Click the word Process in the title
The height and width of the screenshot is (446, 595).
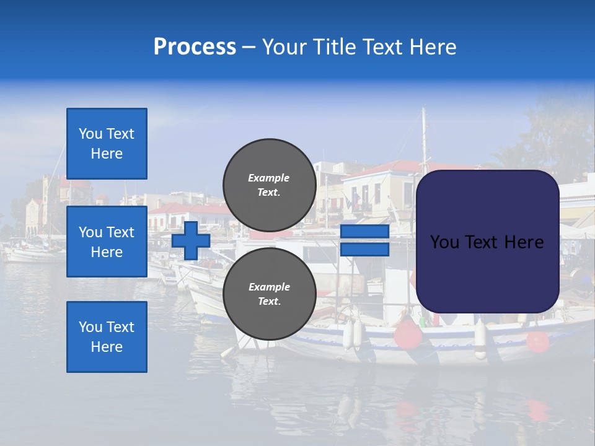[195, 47]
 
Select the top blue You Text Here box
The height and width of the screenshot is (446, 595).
[107, 144]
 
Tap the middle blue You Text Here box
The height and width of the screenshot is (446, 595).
[107, 242]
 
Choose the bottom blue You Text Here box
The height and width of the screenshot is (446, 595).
[107, 336]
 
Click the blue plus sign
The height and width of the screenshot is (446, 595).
[191, 240]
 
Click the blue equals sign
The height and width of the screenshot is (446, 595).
[364, 240]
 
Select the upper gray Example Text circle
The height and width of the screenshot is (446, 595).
[269, 185]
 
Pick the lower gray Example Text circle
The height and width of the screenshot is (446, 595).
[269, 294]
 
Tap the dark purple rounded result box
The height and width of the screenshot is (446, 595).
[487, 241]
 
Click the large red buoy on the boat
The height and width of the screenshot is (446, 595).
[408, 334]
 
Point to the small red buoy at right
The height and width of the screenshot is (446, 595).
[537, 341]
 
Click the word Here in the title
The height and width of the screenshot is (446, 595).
[433, 47]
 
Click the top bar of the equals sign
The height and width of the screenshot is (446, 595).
[364, 232]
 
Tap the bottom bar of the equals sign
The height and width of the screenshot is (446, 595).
[364, 249]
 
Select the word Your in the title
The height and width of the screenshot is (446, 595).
[283, 47]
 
